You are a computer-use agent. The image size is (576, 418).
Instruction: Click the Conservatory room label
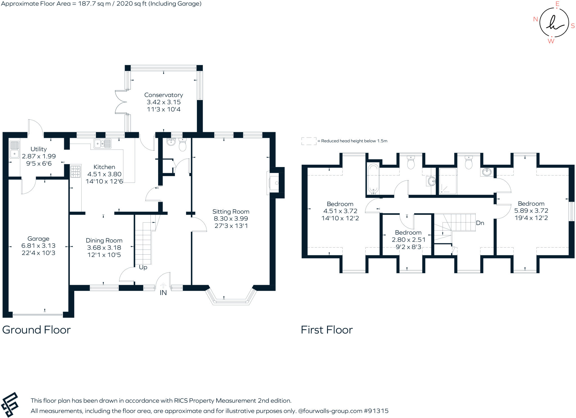click(x=163, y=95)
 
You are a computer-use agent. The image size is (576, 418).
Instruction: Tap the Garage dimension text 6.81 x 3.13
click(x=38, y=246)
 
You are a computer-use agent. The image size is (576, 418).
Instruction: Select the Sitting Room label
click(x=231, y=212)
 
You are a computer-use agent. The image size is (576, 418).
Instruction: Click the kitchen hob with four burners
click(x=75, y=172)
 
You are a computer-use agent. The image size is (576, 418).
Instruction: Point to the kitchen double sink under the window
click(x=102, y=144)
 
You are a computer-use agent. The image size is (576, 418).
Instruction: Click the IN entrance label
click(x=163, y=293)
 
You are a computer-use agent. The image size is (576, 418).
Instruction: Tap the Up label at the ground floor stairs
click(x=143, y=267)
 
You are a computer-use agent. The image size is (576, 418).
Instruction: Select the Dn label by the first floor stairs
click(x=480, y=223)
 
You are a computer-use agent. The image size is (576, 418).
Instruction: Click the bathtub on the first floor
click(x=373, y=179)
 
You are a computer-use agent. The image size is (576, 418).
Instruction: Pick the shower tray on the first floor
click(x=448, y=181)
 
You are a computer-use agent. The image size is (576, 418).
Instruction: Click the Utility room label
click(x=39, y=149)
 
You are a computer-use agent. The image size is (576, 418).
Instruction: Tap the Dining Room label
click(x=104, y=241)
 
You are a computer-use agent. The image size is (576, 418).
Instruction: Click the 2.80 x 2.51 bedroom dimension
click(x=408, y=240)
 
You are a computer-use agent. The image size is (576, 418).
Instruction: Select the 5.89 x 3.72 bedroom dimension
click(x=531, y=211)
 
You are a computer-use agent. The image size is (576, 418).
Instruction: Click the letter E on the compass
click(x=557, y=4)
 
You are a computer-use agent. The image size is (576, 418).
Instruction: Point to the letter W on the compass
click(x=551, y=41)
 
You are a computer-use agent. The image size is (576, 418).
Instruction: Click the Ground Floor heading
click(x=36, y=330)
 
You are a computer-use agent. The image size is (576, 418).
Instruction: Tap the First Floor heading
click(x=327, y=330)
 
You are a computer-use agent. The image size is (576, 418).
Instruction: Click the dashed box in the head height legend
click(x=309, y=141)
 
